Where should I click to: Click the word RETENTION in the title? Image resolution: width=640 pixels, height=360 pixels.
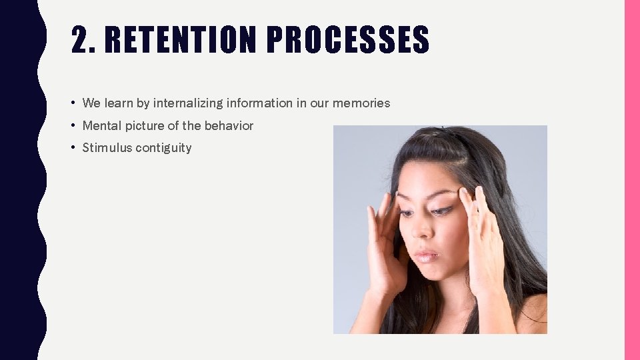180,41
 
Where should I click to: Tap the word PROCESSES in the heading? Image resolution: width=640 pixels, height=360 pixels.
348,41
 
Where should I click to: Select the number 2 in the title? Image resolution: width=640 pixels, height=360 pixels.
79,41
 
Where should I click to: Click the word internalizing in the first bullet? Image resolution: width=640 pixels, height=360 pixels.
189,103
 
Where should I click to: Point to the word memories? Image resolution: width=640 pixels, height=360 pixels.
361,103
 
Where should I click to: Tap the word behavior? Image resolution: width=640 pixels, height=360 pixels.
229,126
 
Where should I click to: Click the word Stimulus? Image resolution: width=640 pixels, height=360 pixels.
107,148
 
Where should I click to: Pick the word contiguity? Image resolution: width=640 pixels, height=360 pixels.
163,148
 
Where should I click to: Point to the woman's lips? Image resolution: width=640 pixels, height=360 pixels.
427,256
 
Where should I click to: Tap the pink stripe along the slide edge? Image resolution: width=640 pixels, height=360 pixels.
631,180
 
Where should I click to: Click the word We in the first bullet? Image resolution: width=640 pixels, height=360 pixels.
91,103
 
